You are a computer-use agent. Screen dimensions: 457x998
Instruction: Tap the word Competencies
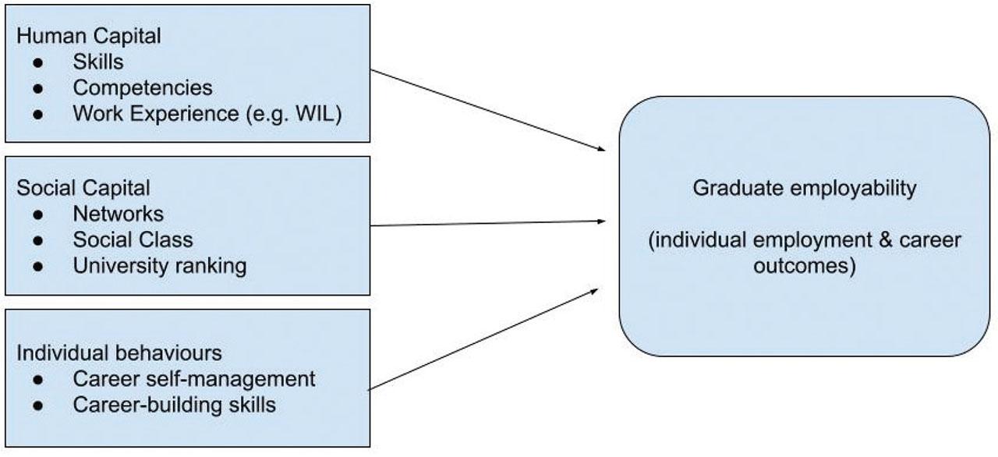click(x=143, y=87)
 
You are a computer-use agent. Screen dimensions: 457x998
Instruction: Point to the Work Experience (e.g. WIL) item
click(x=207, y=113)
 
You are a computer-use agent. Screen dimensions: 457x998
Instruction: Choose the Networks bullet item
click(x=119, y=214)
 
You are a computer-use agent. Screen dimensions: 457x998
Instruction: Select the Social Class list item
click(x=133, y=239)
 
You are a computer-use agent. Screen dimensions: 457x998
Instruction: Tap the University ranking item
click(x=160, y=265)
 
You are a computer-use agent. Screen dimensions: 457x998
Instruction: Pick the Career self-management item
click(x=194, y=380)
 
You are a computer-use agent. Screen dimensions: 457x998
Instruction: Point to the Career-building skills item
click(x=174, y=405)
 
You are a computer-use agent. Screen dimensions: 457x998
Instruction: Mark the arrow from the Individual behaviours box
click(x=483, y=338)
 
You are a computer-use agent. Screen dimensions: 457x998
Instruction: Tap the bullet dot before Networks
click(x=38, y=214)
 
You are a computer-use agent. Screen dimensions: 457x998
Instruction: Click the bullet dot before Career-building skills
click(x=38, y=406)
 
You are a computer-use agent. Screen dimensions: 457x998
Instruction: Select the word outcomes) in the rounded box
click(x=804, y=266)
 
